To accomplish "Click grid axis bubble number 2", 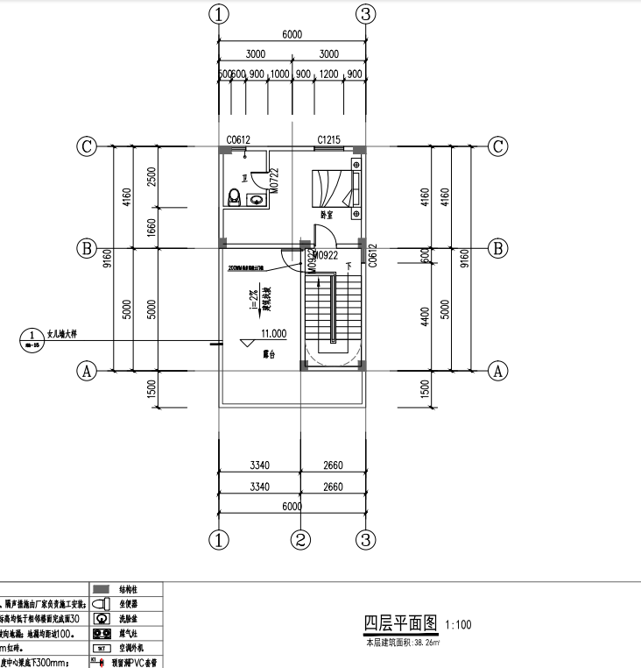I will (301, 538).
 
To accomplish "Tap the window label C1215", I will (328, 139).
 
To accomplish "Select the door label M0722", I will (273, 181).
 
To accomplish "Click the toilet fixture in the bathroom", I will (234, 196).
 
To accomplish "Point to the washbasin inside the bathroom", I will (256, 199).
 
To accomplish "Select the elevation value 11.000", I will (273, 334).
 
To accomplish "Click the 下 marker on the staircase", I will (348, 264).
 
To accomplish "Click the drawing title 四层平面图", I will (399, 623).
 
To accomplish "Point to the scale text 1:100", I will (458, 625).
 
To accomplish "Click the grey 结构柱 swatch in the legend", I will (101, 588).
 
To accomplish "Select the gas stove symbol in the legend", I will (100, 632).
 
